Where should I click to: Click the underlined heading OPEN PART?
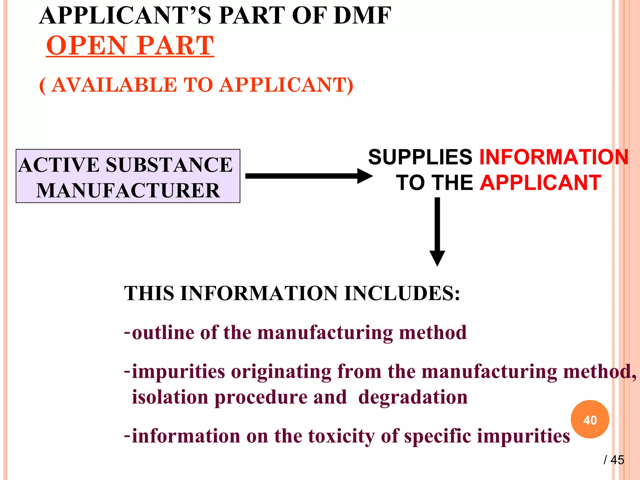point(130,46)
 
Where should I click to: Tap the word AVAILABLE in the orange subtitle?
point(114,85)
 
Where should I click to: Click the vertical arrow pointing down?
point(437,231)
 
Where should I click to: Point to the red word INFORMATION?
point(553,157)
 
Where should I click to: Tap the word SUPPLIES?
point(420,157)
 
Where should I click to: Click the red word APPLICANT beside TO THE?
point(540,183)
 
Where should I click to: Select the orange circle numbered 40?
point(590,419)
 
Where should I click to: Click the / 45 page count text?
point(614,460)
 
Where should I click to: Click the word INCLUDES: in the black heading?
point(402,293)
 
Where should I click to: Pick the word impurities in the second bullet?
point(178,372)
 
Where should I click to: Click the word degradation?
point(412,397)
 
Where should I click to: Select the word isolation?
point(170,397)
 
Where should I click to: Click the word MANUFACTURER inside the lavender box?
point(128,190)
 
